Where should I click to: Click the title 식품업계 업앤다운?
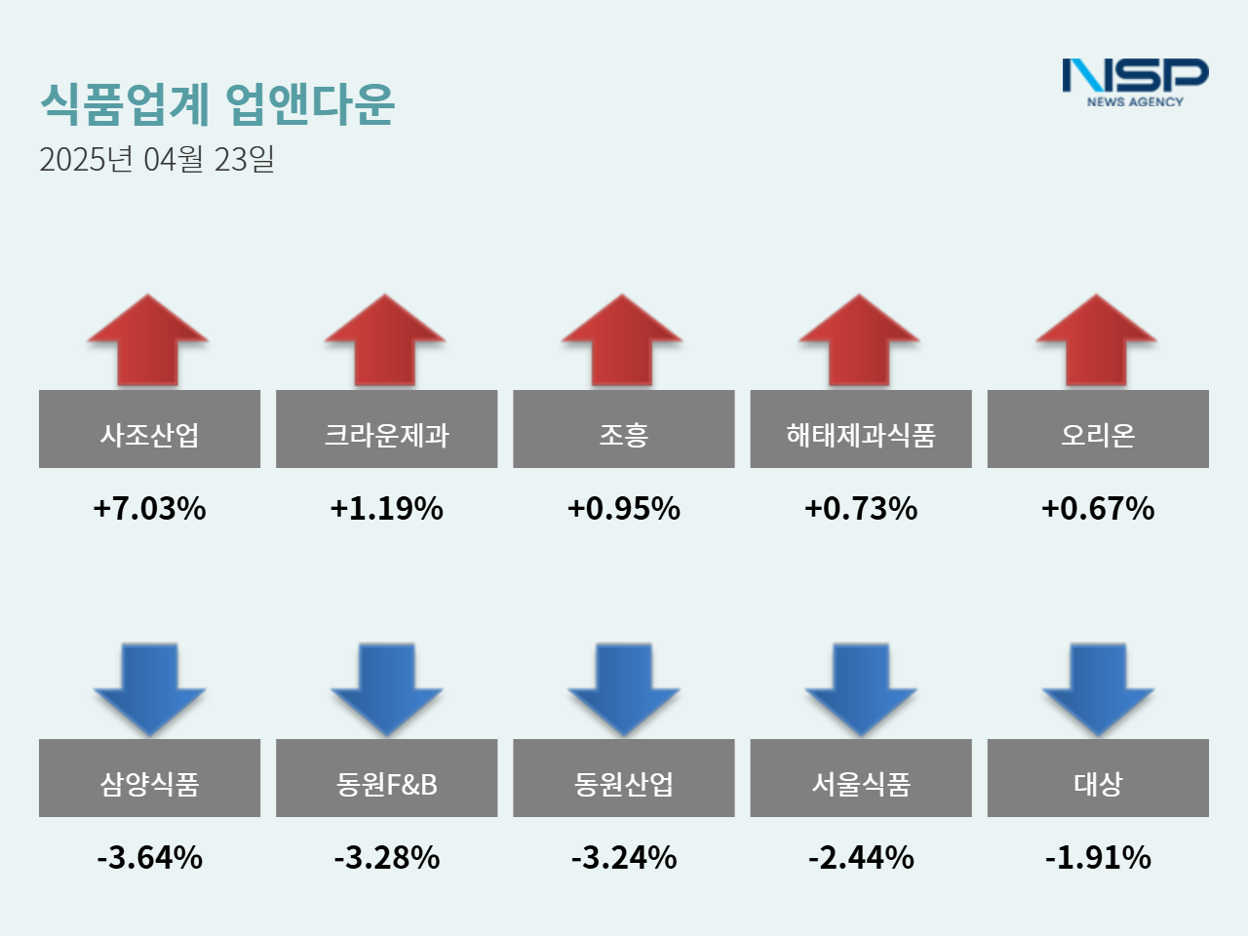pos(216,104)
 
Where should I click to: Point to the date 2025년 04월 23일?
pos(156,159)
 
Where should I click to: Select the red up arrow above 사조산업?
pos(148,341)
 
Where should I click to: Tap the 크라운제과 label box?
pos(386,429)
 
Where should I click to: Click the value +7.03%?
pos(149,508)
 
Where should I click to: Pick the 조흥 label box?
pos(623,429)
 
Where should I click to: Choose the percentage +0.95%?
pos(623,508)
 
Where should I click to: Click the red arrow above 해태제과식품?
pos(859,341)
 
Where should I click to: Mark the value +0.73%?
pos(860,508)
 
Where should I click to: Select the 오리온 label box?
pos(1098,429)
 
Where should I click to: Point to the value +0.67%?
pos(1098,508)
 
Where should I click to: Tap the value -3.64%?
pos(149,857)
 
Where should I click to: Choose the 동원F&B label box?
pos(386,778)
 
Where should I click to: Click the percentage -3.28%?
pos(386,857)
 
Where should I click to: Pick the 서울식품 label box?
pos(860,778)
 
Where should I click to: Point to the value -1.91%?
pos(1098,857)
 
